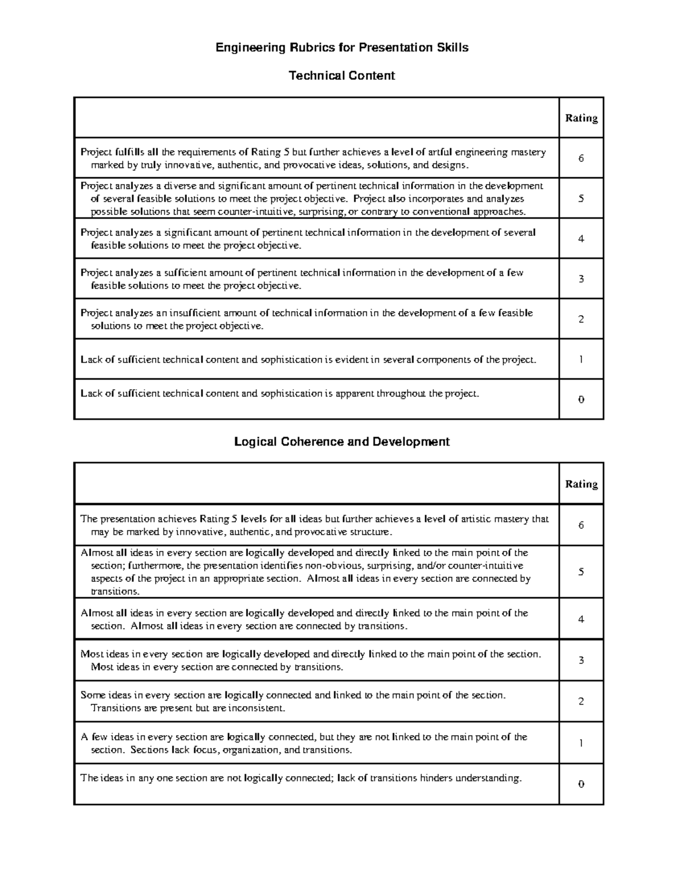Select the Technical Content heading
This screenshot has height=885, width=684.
342,76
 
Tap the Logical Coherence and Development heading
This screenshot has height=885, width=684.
342,442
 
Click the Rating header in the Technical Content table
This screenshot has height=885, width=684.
581,118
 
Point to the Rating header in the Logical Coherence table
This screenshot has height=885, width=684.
581,484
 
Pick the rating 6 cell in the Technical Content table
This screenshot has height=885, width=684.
581,158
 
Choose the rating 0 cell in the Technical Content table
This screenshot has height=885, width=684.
581,399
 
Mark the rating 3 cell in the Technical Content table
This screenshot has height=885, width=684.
581,279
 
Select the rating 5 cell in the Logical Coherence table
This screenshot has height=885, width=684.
581,572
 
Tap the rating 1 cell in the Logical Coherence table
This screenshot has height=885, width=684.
581,743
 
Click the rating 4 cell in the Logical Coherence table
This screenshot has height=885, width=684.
581,619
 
